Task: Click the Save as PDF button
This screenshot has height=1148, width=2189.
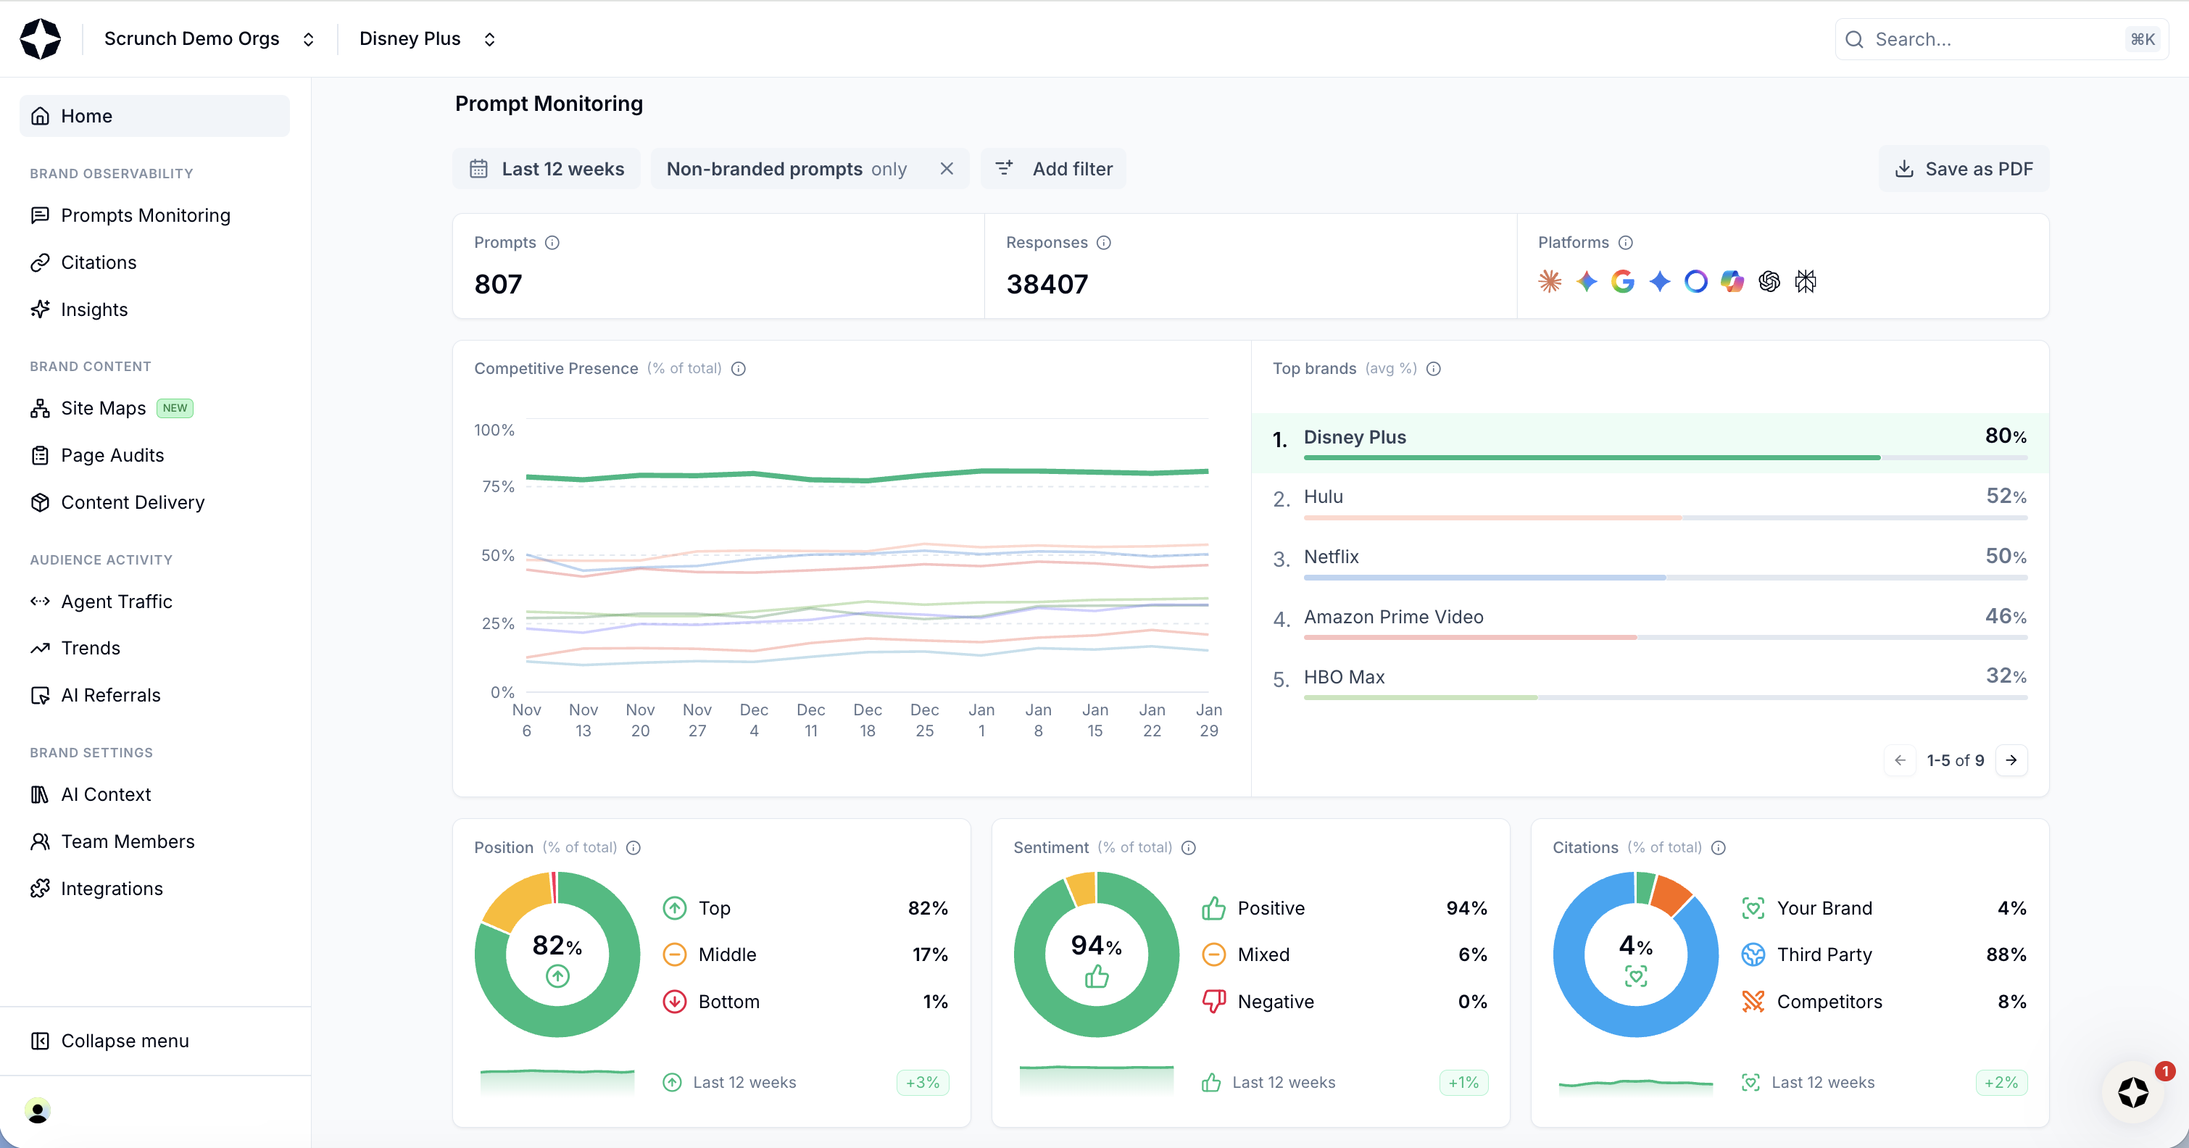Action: [1964, 169]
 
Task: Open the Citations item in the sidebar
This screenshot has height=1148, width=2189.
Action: [99, 262]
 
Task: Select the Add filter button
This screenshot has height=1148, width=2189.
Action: [1054, 169]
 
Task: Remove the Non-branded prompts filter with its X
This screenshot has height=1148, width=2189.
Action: [947, 169]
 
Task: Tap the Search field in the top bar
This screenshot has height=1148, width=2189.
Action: [1988, 39]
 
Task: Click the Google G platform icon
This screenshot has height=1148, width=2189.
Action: [1623, 281]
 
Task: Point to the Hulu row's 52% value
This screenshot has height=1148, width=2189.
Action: [2006, 496]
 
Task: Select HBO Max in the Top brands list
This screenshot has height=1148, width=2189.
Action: [1345, 677]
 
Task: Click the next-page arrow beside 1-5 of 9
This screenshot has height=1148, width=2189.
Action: [2011, 760]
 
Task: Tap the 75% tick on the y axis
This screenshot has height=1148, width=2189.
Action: [498, 487]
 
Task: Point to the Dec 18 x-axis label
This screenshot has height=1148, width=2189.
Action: [868, 720]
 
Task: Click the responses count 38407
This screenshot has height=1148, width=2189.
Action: [1047, 284]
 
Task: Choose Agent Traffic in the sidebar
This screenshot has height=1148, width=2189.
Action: [117, 602]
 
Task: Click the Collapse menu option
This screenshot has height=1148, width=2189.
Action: [124, 1041]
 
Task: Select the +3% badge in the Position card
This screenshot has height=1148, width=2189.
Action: [923, 1083]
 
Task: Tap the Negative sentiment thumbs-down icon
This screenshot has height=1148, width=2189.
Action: [1213, 1002]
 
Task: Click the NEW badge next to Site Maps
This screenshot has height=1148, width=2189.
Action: [175, 409]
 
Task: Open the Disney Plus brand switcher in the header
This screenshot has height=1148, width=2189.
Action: [428, 39]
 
